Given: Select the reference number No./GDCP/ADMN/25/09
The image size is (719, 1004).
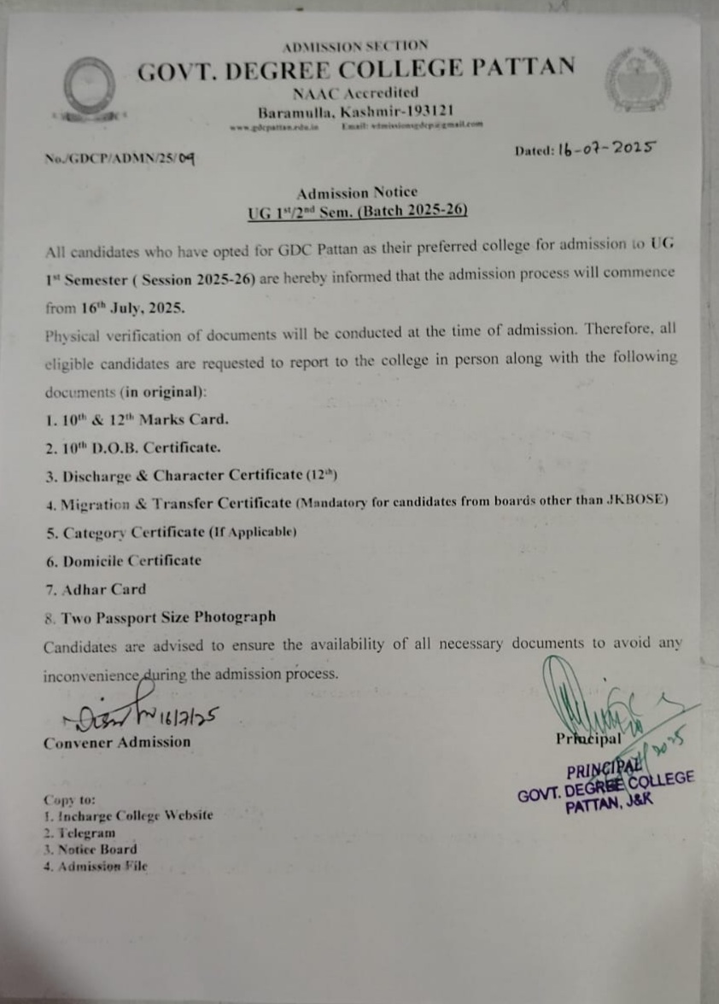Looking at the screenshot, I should (x=121, y=158).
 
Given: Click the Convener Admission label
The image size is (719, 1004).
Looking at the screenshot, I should (x=117, y=743).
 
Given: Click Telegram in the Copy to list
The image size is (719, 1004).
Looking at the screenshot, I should (x=82, y=832).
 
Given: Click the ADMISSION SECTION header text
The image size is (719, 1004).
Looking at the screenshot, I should (x=354, y=45).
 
